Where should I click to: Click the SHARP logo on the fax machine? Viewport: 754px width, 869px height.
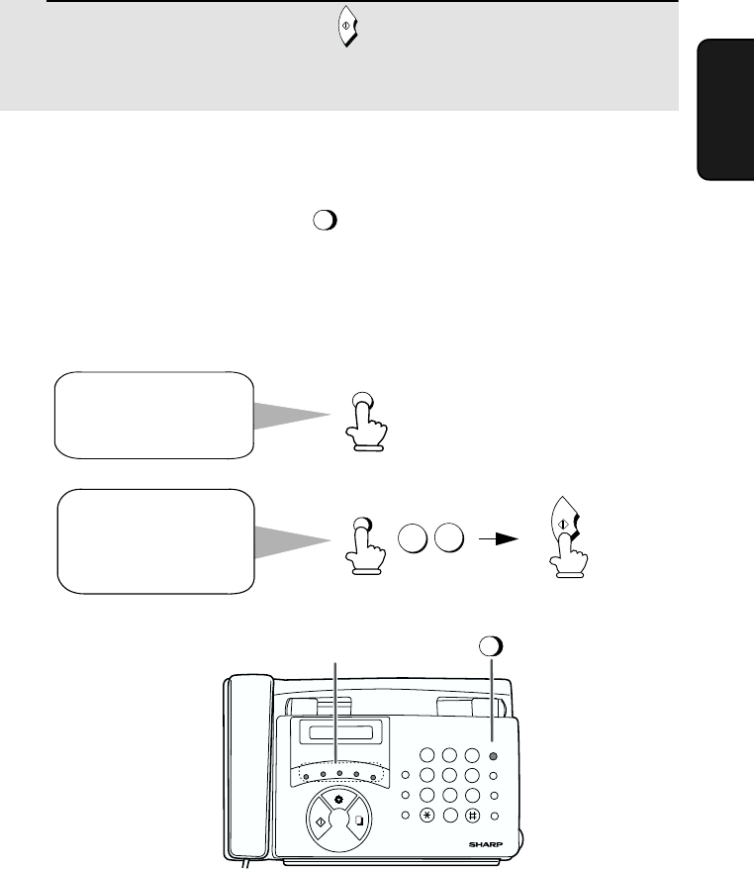tap(486, 844)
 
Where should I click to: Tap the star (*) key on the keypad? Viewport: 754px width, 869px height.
tap(427, 816)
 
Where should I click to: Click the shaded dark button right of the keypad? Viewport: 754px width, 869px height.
tap(493, 756)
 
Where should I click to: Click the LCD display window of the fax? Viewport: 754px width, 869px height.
tap(339, 732)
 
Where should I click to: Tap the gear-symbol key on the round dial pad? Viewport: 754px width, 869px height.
tap(338, 800)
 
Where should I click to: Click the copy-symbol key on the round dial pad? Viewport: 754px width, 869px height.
tap(358, 820)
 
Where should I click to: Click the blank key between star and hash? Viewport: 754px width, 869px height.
tap(450, 816)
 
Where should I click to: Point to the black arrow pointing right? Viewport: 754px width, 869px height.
tap(499, 538)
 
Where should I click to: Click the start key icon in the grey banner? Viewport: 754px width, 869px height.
tap(347, 26)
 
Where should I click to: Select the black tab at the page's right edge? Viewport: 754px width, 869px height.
tap(725, 109)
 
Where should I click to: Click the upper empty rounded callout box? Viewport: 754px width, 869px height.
tap(154, 415)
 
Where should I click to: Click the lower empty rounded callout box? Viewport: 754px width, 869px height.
tap(156, 541)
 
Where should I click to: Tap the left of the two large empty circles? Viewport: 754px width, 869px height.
tap(413, 537)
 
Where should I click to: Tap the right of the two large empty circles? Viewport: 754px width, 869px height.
tap(449, 537)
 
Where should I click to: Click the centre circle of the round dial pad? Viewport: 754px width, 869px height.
tap(339, 820)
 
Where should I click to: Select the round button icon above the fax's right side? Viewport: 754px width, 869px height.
tap(491, 646)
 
